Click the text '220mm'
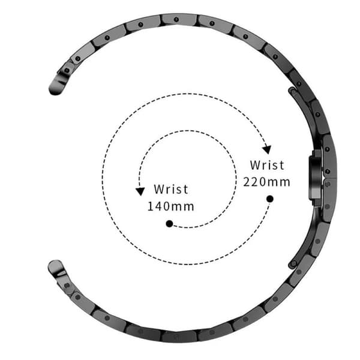point(266,182)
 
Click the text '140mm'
point(170,206)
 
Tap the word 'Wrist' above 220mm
point(267,165)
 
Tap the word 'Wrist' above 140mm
point(171,189)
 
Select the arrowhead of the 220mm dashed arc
point(267,149)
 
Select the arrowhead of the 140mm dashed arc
point(140,191)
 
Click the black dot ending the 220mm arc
point(270,199)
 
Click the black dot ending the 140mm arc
point(169,224)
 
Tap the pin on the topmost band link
point(176,20)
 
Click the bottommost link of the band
point(179,337)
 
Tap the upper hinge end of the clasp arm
point(293,91)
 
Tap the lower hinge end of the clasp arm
point(293,264)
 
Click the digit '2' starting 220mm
point(247,182)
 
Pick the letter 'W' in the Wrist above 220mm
point(255,165)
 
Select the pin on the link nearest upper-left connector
point(78,59)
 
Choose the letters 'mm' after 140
point(183,208)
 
